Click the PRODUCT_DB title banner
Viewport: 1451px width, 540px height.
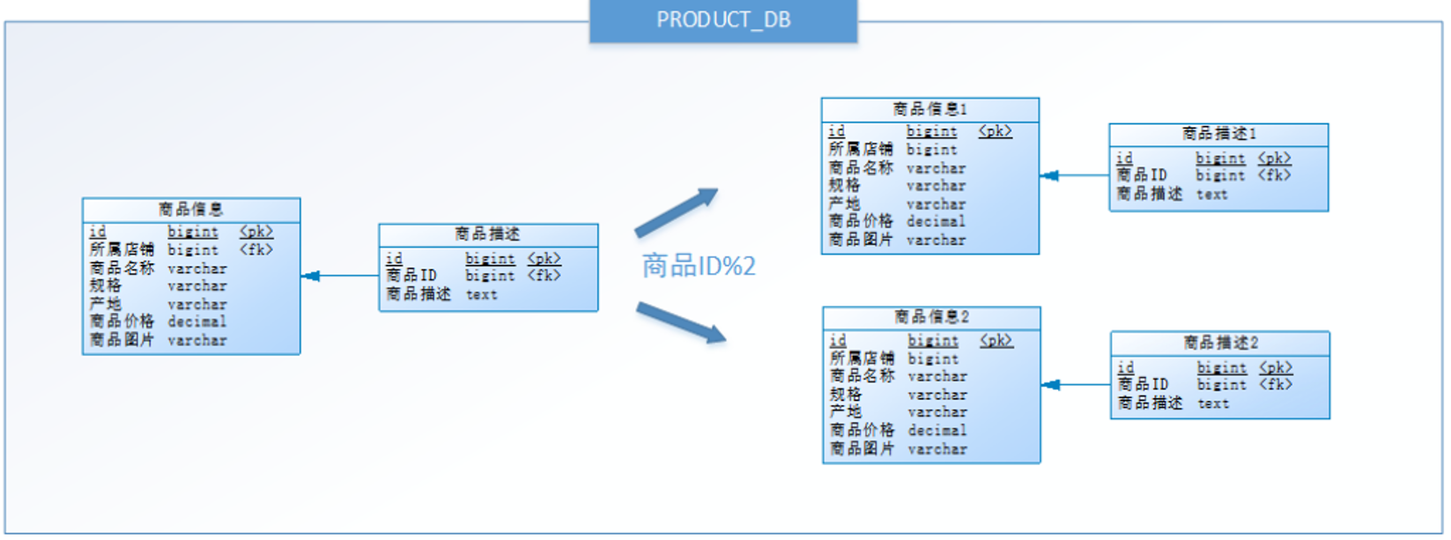pos(722,20)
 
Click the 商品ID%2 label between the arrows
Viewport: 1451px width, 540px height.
pos(698,265)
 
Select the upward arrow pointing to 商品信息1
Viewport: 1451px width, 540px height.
pos(676,212)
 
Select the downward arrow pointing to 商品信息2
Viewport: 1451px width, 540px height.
pos(680,322)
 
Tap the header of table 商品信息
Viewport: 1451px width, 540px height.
pos(191,210)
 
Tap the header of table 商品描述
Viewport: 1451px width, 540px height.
pos(487,234)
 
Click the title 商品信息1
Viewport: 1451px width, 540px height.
pos(929,109)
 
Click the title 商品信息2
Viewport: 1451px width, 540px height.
pos(931,317)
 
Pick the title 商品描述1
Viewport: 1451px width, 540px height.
pos(1218,134)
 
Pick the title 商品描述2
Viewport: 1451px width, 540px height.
pos(1220,343)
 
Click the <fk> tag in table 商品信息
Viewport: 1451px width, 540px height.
pos(255,250)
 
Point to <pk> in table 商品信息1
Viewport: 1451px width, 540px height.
pos(995,131)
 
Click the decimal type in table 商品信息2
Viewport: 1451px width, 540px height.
pos(936,431)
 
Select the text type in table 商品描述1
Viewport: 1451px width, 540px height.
pos(1211,195)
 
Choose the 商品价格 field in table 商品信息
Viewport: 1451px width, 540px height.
pos(122,322)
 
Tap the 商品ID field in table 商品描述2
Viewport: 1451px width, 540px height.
pos(1143,385)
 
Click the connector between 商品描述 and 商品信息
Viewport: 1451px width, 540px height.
pos(340,277)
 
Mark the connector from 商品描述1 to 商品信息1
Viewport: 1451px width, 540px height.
pos(1074,176)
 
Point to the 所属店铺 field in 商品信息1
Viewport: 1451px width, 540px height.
pos(860,150)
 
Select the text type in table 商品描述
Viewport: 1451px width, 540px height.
pos(481,295)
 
